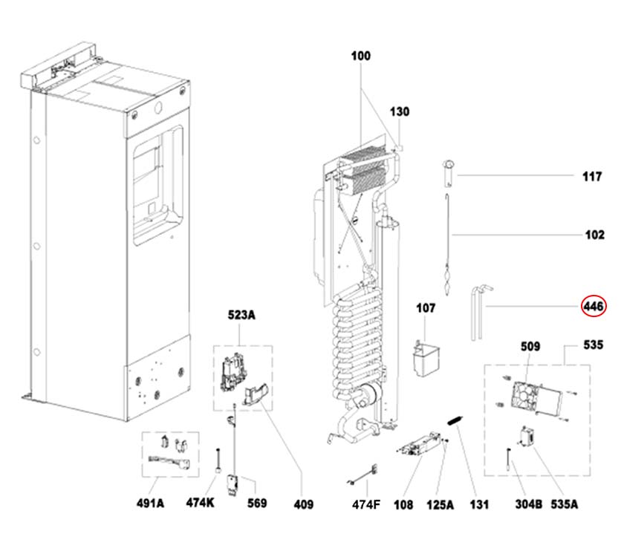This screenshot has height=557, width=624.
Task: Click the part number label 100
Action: tap(361, 56)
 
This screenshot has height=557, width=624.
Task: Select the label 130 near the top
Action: tap(400, 112)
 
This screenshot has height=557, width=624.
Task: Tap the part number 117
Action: tap(592, 177)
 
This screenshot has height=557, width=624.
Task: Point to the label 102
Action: tap(594, 235)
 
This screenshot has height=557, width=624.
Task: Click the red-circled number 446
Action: tap(594, 306)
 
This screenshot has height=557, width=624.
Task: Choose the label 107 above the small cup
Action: tap(425, 307)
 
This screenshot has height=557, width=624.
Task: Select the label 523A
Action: tap(241, 316)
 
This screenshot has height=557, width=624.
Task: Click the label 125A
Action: tap(440, 505)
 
